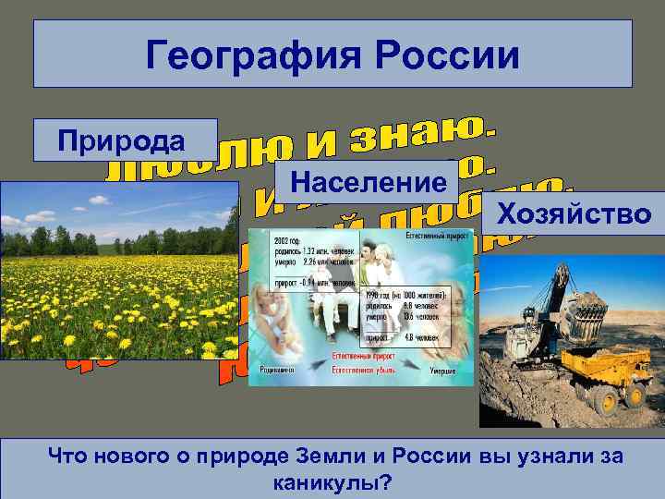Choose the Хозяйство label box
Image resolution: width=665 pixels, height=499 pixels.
point(573,215)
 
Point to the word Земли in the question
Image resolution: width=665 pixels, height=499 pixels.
point(317,456)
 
